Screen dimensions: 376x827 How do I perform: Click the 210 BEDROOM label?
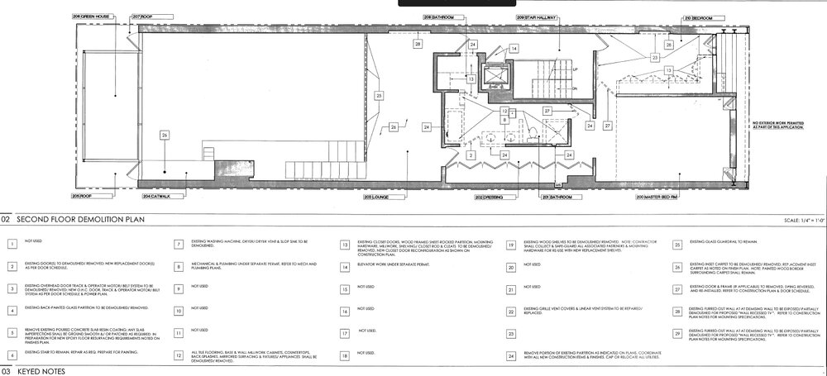[699, 17]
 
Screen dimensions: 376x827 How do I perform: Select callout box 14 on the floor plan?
[514, 50]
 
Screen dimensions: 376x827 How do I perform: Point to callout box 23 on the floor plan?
[654, 59]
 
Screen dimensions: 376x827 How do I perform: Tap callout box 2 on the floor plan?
[470, 155]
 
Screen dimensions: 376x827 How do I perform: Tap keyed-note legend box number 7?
[179, 245]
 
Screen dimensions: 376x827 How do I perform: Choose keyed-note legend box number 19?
[513, 245]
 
